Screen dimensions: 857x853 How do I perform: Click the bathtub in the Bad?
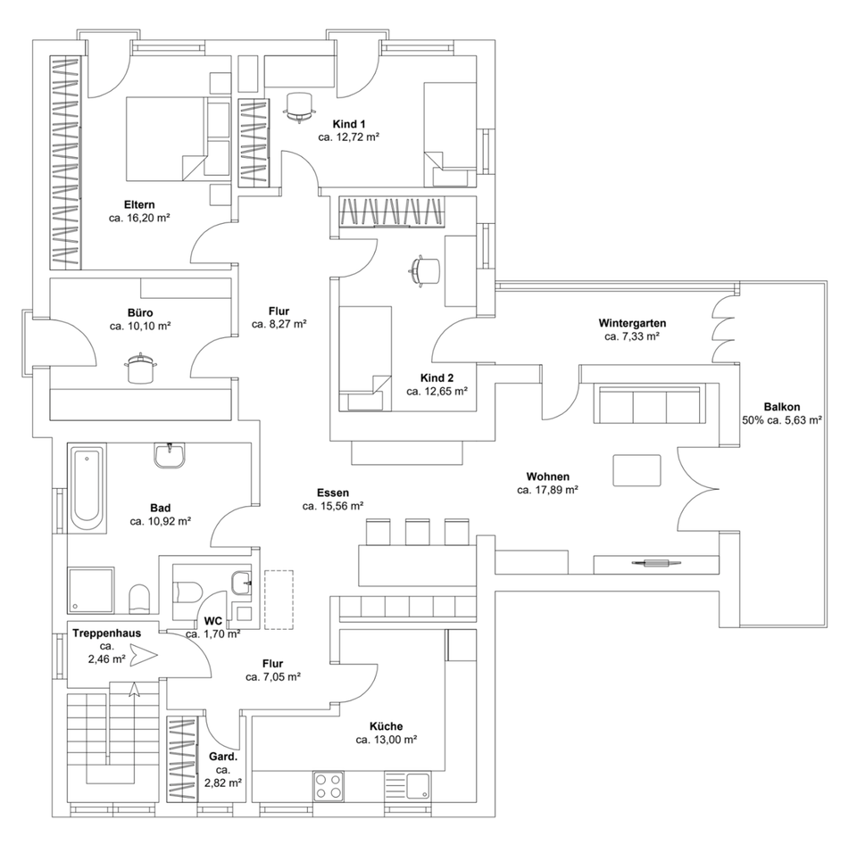[87, 488]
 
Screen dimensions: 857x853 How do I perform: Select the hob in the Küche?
[328, 786]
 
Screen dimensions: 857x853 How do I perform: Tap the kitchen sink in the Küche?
[417, 786]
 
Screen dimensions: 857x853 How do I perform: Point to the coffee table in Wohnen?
[637, 469]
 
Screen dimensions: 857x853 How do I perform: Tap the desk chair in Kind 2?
[425, 269]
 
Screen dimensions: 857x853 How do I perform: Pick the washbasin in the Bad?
[170, 456]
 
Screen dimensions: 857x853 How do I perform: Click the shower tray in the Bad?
[91, 589]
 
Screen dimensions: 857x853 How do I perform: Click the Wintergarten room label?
[632, 323]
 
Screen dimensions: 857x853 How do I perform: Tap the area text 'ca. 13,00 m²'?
[387, 740]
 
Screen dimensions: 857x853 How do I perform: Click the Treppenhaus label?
[106, 633]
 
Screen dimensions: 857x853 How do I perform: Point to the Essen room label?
[332, 492]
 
